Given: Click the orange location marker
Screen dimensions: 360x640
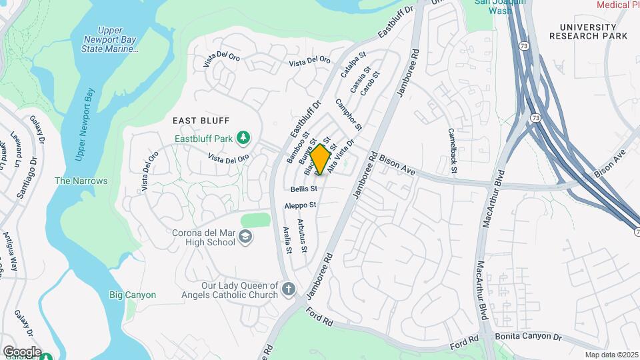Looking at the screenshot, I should (x=321, y=159).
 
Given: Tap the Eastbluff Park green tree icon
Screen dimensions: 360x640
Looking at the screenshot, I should (x=244, y=137).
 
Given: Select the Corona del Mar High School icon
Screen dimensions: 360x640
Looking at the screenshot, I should (x=246, y=237).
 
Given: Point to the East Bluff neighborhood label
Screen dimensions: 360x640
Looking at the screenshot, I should (x=201, y=121).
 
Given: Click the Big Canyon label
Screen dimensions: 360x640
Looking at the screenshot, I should (x=133, y=295).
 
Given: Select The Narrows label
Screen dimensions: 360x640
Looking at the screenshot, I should (x=81, y=181).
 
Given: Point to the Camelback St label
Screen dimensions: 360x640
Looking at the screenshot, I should (x=453, y=151).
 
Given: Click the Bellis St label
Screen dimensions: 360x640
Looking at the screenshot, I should (x=303, y=189).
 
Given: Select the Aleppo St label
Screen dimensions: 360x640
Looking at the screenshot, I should (x=299, y=205).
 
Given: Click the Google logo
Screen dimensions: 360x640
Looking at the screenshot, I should (x=22, y=351).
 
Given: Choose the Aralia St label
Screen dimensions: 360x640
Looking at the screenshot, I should (x=287, y=240).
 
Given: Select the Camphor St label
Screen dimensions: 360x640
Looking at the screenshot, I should (x=349, y=114).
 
